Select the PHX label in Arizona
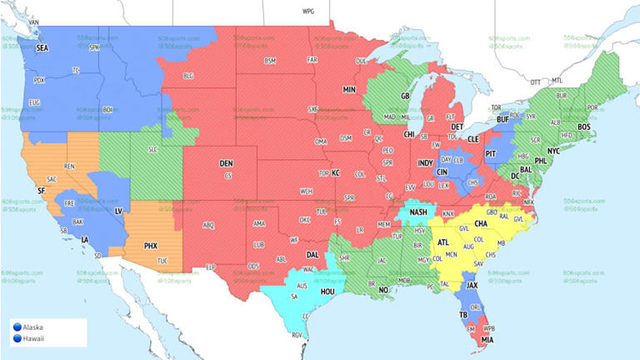151,246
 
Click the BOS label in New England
583,127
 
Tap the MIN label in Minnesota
349,88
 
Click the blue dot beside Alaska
17,327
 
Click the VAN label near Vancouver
34,22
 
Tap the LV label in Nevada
118,212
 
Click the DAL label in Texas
312,254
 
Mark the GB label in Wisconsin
406,97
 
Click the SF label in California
41,191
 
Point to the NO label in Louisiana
385,290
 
